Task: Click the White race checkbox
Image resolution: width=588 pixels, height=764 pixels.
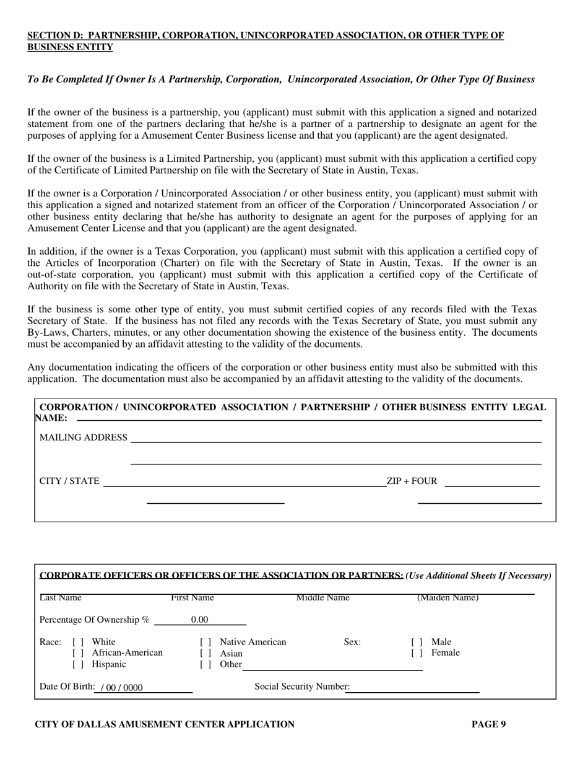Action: coord(77,643)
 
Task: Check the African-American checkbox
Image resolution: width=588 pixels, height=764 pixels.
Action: coord(77,653)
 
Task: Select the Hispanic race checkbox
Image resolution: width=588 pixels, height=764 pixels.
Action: coord(77,665)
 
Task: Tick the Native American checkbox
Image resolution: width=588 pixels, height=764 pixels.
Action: coord(205,643)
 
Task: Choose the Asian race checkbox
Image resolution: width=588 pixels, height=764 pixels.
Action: coord(205,653)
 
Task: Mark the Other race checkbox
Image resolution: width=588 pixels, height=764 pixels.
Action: coord(205,665)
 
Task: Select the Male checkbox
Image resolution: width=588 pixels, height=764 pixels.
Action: coord(417,643)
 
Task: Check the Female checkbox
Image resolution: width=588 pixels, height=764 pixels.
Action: coord(417,653)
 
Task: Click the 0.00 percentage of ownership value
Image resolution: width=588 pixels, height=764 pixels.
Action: coord(199,620)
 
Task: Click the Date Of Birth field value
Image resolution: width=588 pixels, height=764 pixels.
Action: coord(121,687)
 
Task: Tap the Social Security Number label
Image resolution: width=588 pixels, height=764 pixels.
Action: coord(302,687)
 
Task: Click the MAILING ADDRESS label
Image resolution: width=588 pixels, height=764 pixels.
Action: coord(83,438)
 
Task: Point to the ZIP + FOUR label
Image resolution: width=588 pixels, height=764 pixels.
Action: coord(412,481)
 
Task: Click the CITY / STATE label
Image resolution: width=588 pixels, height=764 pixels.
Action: coord(69,481)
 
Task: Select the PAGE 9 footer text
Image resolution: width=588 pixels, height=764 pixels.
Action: coord(488,724)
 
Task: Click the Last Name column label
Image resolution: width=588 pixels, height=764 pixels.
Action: coord(61,598)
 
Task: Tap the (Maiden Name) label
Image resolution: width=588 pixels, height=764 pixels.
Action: coord(447,598)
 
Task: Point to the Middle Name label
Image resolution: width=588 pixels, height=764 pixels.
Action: coord(322,598)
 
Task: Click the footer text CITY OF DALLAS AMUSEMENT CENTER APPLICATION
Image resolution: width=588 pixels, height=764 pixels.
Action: coord(165,724)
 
